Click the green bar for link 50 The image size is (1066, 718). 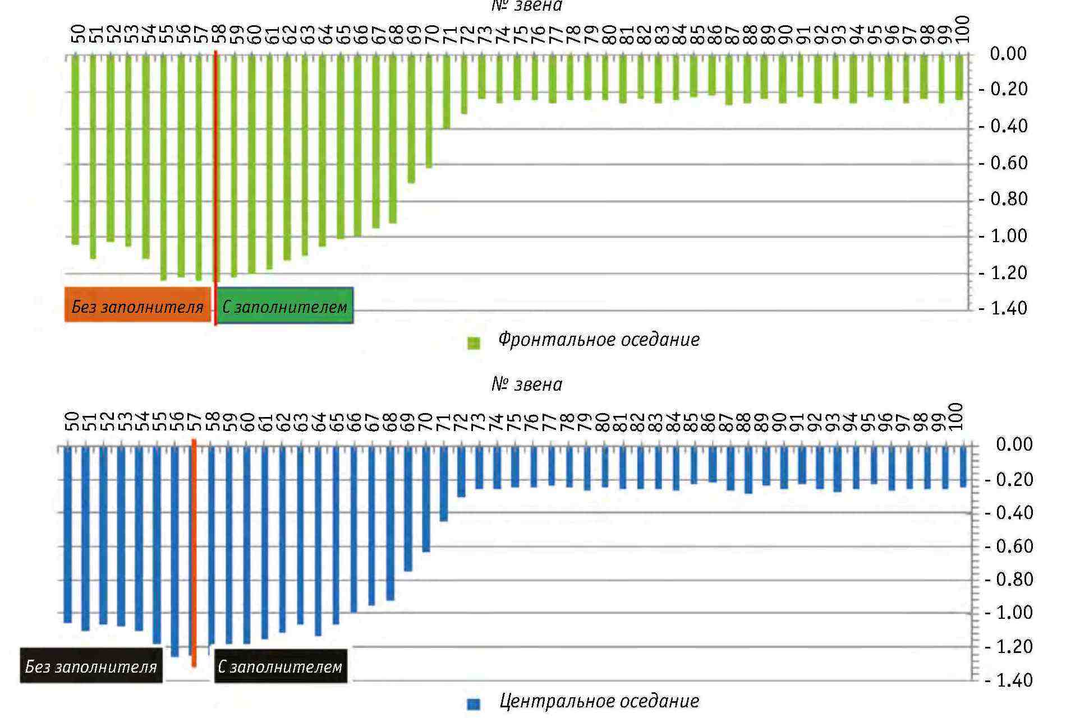[x=75, y=149]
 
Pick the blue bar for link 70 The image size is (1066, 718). [x=426, y=498]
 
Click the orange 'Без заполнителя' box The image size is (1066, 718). [x=137, y=305]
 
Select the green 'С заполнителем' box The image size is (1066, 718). [x=285, y=305]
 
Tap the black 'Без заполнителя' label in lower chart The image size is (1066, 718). [x=91, y=666]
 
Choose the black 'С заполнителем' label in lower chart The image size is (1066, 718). [x=280, y=666]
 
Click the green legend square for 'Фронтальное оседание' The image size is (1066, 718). [x=474, y=342]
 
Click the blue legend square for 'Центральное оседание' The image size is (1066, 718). [x=474, y=704]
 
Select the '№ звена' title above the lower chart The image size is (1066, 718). [x=526, y=385]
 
